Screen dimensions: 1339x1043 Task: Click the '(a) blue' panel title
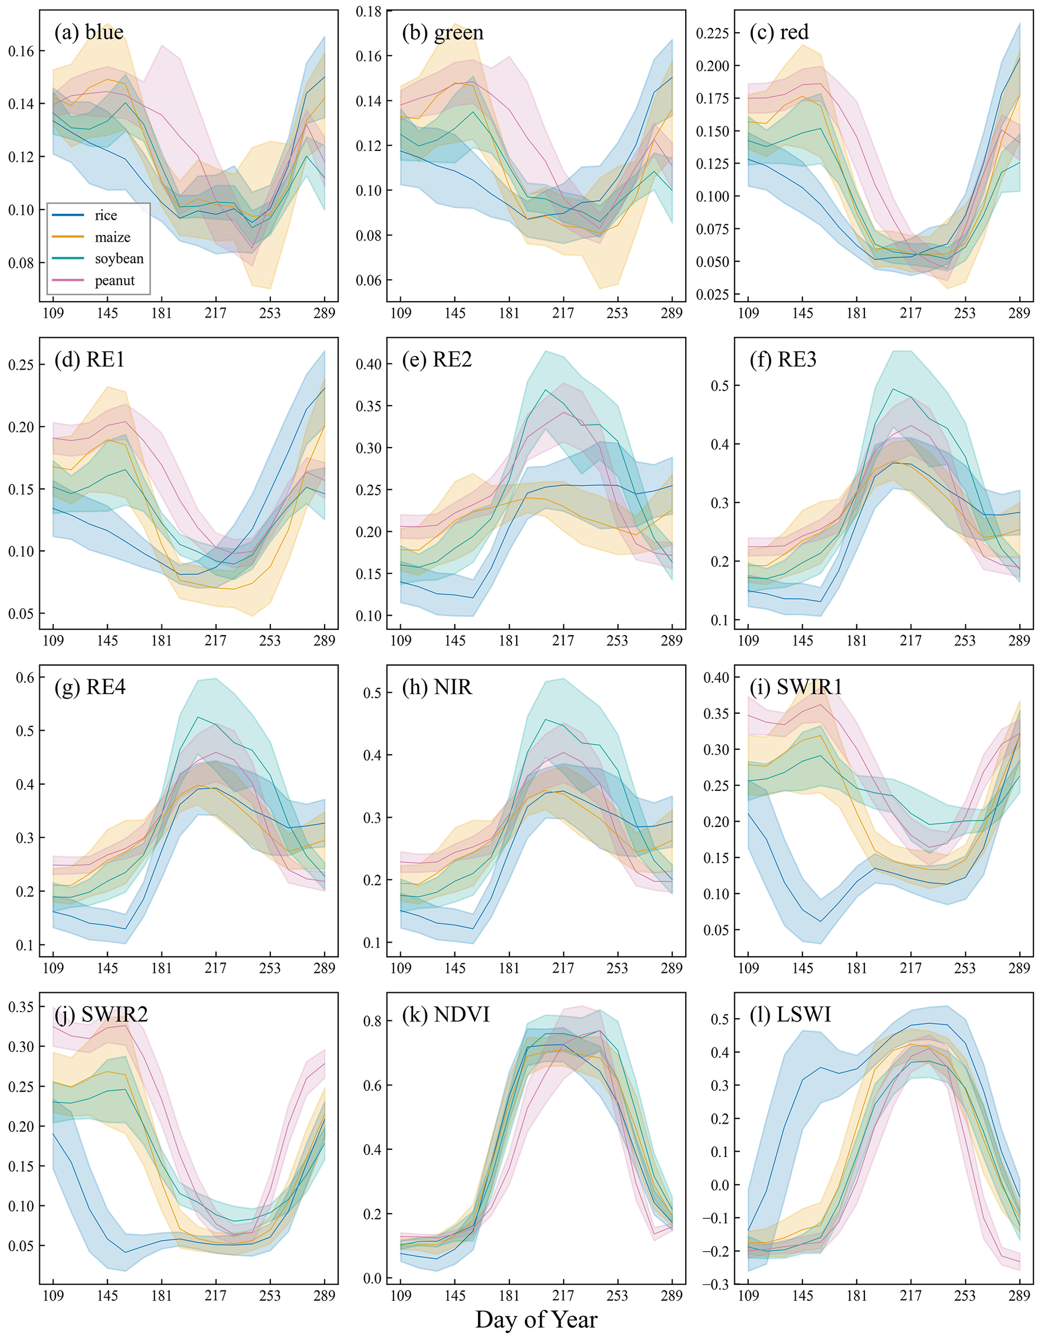(x=89, y=32)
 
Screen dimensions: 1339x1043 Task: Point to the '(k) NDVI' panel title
(x=446, y=1015)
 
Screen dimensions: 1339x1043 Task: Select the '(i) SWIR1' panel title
(x=796, y=687)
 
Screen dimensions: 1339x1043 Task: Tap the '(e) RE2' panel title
(x=437, y=359)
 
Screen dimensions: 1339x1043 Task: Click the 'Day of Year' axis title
(x=536, y=1319)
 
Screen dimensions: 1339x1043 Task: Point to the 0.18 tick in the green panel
(x=368, y=12)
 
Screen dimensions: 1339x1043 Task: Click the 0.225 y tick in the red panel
(x=712, y=33)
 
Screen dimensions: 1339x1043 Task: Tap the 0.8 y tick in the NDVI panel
(x=372, y=1022)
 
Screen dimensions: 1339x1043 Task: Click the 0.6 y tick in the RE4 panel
(x=25, y=677)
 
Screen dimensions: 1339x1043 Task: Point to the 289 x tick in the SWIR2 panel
(x=324, y=1296)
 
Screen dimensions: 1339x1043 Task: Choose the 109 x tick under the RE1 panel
(x=53, y=641)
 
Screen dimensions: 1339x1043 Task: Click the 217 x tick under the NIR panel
(x=563, y=968)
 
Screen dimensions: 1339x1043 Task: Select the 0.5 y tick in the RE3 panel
(x=720, y=385)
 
